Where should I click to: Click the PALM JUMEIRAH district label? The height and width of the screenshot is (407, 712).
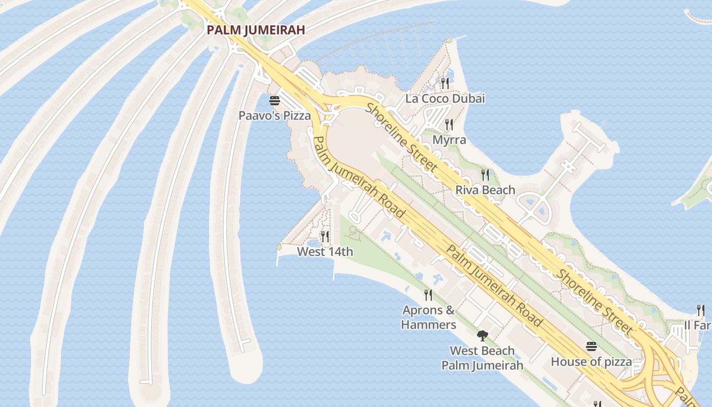pos(256,30)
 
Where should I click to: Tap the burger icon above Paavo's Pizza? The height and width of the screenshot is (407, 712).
pos(275,100)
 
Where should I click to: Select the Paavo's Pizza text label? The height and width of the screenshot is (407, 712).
pos(275,115)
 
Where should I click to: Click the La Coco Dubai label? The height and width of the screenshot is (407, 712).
pos(445,98)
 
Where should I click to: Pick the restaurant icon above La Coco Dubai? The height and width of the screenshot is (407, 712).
pos(445,83)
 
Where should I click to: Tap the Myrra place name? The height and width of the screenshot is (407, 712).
pos(449,139)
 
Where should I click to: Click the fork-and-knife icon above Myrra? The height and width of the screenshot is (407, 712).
pos(449,124)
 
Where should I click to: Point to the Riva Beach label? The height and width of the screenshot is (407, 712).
pos(485,190)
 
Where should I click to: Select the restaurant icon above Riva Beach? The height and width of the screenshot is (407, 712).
pos(485,175)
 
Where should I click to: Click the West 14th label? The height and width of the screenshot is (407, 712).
pos(325,251)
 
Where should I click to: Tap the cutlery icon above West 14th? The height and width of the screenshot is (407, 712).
pos(325,236)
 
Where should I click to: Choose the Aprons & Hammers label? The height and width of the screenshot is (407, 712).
pos(428,317)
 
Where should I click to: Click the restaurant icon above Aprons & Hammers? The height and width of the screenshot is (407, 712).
pos(428,295)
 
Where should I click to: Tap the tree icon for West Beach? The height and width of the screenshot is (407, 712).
pos(482,335)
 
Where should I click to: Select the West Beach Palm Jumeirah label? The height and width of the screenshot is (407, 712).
pos(482,358)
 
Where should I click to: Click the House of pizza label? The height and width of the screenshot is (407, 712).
pos(591,362)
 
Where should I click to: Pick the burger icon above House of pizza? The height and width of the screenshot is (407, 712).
pos(591,346)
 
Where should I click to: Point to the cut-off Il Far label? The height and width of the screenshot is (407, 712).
pos(698,325)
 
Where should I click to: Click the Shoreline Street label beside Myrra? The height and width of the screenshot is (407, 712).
pos(402,137)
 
